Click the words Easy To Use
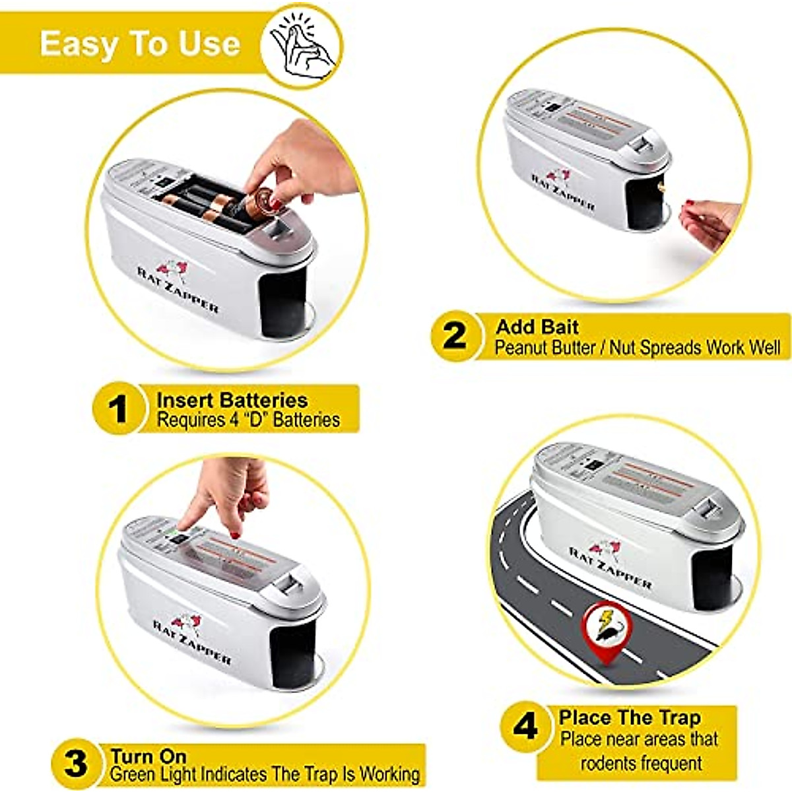(x=139, y=44)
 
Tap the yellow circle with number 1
(x=117, y=409)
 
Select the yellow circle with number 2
(x=454, y=336)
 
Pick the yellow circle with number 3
(x=75, y=763)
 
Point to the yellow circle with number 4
(x=525, y=727)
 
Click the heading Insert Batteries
(x=232, y=400)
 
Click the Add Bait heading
(x=537, y=327)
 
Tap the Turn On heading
(x=148, y=756)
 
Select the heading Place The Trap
(x=630, y=717)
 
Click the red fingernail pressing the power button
(x=234, y=535)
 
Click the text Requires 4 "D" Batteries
(x=248, y=420)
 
